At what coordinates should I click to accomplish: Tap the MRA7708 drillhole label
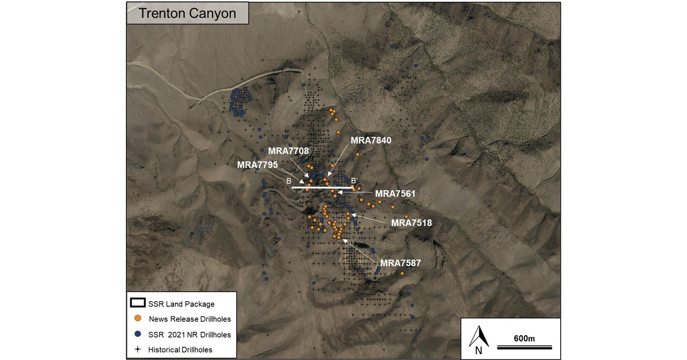pos(289,151)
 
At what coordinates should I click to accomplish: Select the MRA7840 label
pos(371,140)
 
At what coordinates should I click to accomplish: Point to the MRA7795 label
pos(258,165)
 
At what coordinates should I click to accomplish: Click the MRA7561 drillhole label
pos(395,194)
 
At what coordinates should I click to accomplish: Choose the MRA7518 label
pos(412,222)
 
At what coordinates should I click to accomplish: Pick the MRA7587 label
pos(401,263)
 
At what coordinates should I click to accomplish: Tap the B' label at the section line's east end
pos(355,181)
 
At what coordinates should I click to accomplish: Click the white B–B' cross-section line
pos(322,188)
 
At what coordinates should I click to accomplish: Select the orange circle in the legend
pos(138,318)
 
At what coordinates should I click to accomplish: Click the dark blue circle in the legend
pos(138,334)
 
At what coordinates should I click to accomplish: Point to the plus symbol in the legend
pos(138,350)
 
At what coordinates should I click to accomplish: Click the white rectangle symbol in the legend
pos(138,303)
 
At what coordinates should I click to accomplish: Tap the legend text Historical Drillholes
pos(180,350)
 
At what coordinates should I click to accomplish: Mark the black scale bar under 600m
pos(524,347)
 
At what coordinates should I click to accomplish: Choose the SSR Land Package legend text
pos(182,304)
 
